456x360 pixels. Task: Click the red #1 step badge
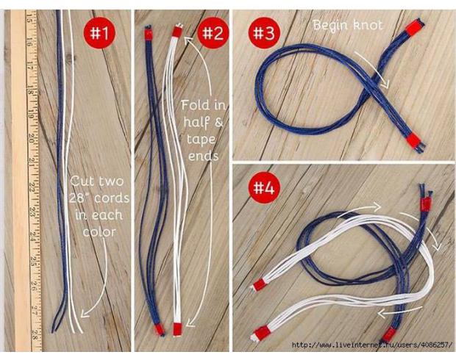[x=99, y=33]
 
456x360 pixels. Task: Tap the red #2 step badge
[x=213, y=33]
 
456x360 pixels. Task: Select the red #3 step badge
[x=264, y=33]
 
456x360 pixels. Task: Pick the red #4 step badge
[x=264, y=187]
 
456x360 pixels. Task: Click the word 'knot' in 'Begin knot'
[x=368, y=25]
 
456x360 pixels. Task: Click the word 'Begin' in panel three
[x=330, y=26]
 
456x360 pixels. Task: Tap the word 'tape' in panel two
[x=202, y=140]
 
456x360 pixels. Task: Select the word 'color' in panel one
[x=99, y=232]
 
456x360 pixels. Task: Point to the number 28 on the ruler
[x=35, y=334]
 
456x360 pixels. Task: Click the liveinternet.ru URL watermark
[x=372, y=345]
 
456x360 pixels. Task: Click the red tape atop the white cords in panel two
[x=177, y=32]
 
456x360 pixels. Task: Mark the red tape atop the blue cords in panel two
[x=149, y=35]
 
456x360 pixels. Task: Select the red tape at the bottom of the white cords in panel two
[x=177, y=329]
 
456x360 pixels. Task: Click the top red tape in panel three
[x=413, y=28]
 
